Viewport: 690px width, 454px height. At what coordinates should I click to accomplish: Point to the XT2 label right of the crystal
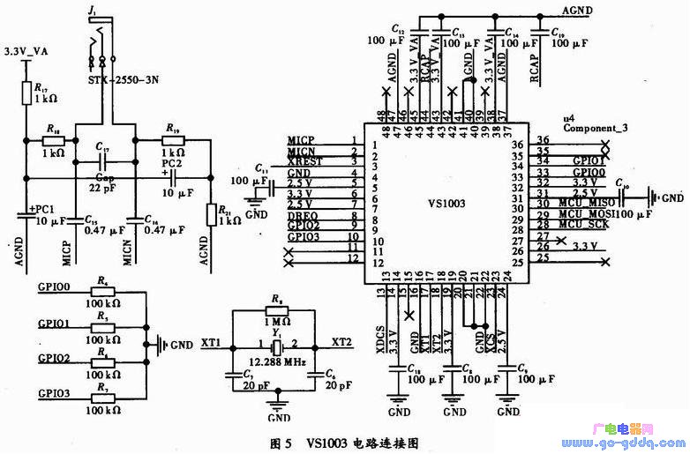(x=342, y=340)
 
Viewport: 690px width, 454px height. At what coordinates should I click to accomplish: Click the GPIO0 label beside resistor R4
(x=54, y=287)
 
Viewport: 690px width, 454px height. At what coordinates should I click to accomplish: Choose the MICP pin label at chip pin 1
(x=301, y=141)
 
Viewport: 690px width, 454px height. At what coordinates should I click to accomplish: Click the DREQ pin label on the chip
(x=301, y=215)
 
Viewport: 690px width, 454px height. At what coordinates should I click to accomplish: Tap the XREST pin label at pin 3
(x=304, y=162)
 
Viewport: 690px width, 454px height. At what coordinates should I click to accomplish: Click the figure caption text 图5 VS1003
(x=345, y=441)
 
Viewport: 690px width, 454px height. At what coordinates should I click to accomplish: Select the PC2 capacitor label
(x=170, y=162)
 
